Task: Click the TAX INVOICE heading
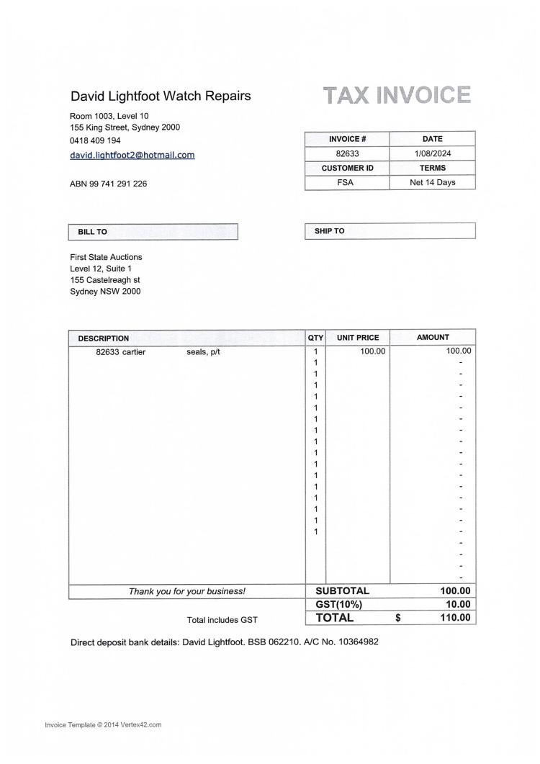pos(397,96)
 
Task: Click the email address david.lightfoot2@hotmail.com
pos(132,155)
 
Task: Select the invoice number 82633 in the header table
pos(347,153)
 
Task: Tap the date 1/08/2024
pos(432,153)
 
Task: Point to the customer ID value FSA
pos(346,182)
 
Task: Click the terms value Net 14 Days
pos(432,182)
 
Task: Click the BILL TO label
pos(92,232)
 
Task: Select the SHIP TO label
pos(329,231)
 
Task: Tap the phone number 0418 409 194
pos(95,140)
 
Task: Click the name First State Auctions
pos(106,257)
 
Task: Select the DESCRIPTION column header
pos(104,338)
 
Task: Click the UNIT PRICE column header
pos(357,337)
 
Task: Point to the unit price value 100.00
pos(373,351)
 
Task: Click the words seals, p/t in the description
pos(203,351)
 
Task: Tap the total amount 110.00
pos(455,618)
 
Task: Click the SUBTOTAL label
pos(342,591)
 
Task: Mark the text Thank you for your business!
pos(186,591)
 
